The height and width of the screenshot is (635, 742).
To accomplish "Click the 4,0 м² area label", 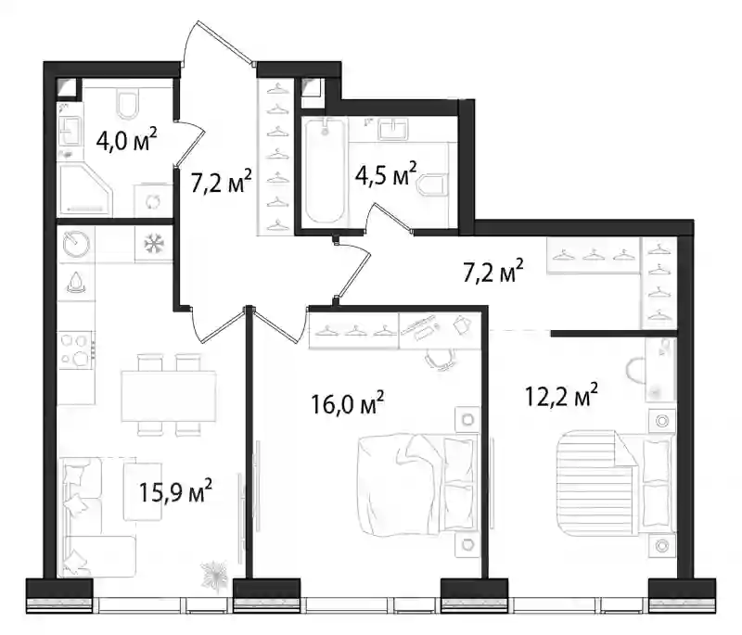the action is pyautogui.click(x=126, y=139).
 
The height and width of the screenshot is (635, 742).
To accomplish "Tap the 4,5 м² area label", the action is pyautogui.click(x=386, y=173).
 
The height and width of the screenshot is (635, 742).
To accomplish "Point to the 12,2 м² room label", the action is pyautogui.click(x=561, y=395).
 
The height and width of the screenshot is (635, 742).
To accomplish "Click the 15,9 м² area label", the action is pyautogui.click(x=175, y=491).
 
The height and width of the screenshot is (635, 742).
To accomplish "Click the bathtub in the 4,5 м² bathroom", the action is pyautogui.click(x=325, y=171).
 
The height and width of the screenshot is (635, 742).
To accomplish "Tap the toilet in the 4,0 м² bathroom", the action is pyautogui.click(x=127, y=104).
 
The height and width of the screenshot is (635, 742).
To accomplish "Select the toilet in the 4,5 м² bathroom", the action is pyautogui.click(x=433, y=184).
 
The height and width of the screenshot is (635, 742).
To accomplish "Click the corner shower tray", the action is pyautogui.click(x=85, y=190).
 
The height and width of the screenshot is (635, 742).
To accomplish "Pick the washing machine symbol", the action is pyautogui.click(x=153, y=202).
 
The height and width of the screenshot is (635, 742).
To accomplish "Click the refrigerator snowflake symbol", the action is pyautogui.click(x=153, y=244).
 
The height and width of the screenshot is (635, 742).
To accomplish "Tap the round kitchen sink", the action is pyautogui.click(x=76, y=244).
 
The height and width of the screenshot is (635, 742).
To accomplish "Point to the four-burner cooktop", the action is pyautogui.click(x=76, y=350).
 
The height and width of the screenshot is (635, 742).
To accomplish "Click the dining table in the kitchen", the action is pyautogui.click(x=169, y=396).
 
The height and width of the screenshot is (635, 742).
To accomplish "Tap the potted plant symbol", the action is pyautogui.click(x=215, y=574).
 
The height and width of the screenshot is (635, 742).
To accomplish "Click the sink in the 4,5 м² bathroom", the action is pyautogui.click(x=392, y=129).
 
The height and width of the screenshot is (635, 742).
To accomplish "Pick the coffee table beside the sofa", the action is pyautogui.click(x=143, y=491).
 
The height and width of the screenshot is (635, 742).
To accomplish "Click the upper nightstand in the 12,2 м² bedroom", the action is pyautogui.click(x=661, y=420).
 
